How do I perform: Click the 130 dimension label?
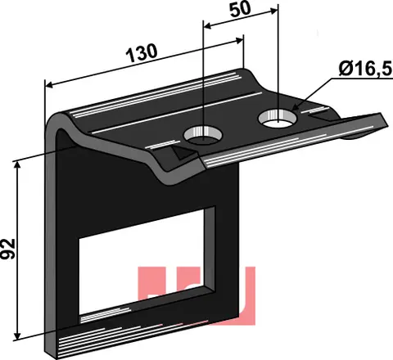click(142, 53)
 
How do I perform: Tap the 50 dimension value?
click(240, 10)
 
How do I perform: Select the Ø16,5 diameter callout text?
click(366, 69)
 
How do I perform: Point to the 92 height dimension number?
click(8, 249)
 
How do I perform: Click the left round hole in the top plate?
click(203, 135)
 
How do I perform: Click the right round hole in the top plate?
click(278, 118)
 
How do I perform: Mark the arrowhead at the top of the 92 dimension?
click(17, 165)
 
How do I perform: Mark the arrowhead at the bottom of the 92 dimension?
click(17, 336)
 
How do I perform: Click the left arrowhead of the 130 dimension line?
click(49, 85)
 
